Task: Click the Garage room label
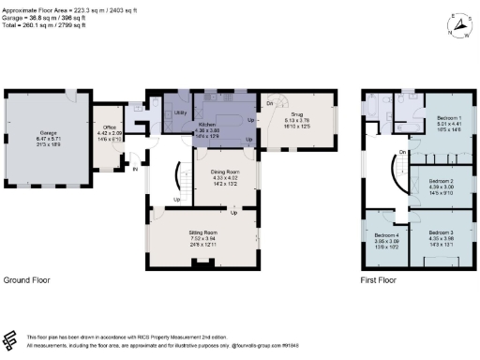pyautogui.click(x=44, y=134)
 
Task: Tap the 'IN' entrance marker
pyautogui.click(x=134, y=170)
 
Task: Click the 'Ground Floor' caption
pyautogui.click(x=26, y=280)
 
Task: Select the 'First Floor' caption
pyautogui.click(x=381, y=280)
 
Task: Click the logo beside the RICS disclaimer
pyautogui.click(x=11, y=340)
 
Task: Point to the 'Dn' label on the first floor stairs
pyautogui.click(x=401, y=153)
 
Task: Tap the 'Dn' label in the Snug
pyautogui.click(x=270, y=103)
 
